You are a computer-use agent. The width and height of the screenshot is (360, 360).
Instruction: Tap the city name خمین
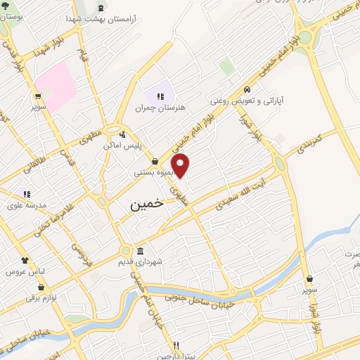pos(146,204)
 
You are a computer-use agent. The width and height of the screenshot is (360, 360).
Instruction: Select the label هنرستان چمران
pos(162,108)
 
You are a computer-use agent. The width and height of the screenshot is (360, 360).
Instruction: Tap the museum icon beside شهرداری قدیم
pos(140,252)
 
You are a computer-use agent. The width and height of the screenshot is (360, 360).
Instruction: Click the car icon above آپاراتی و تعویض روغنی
pos(247,90)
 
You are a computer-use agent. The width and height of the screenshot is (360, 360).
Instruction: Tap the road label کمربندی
pos(309,142)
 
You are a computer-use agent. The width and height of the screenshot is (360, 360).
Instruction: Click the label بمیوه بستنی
pos(154,172)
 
